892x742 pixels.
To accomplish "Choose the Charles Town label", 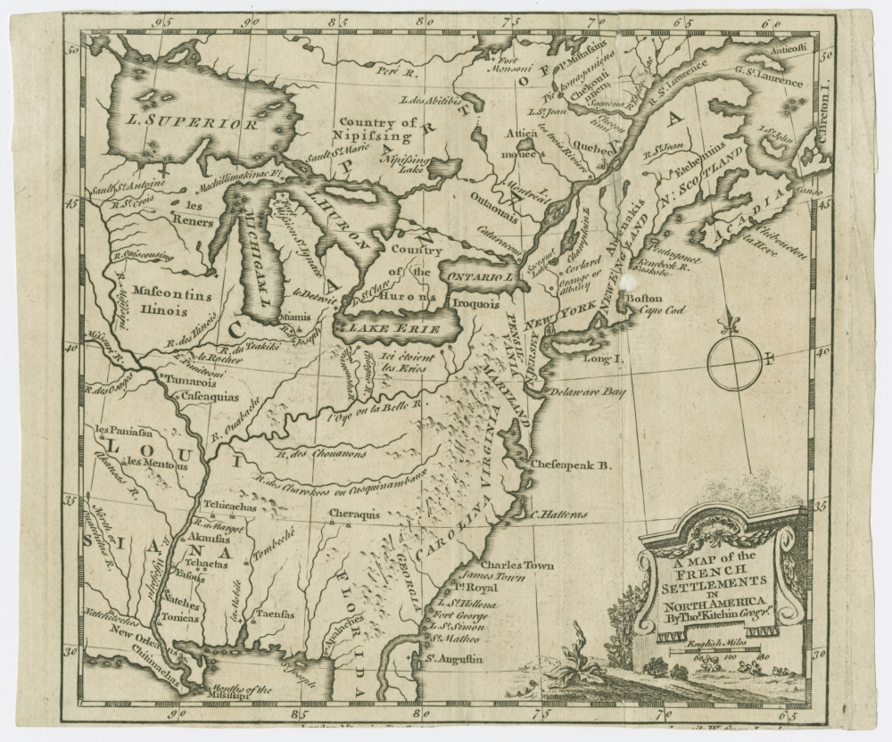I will (x=516, y=565).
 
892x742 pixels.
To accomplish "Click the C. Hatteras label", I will (x=558, y=515).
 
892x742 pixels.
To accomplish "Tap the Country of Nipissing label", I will (x=377, y=130).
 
